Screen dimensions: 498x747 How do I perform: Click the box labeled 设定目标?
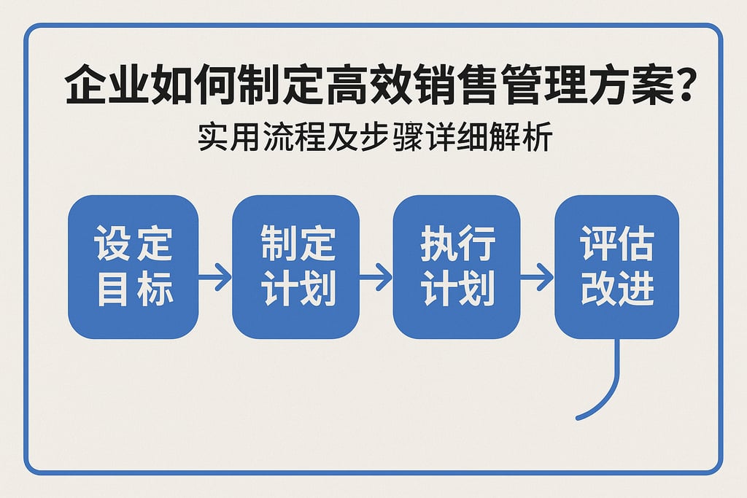pyautogui.click(x=133, y=267)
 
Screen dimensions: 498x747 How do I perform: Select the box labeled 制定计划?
pyautogui.click(x=295, y=267)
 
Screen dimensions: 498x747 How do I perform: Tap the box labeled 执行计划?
pyautogui.click(x=457, y=267)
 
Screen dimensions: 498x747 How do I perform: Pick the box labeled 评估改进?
pyautogui.click(x=617, y=267)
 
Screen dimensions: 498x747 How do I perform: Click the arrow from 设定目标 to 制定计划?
pyautogui.click(x=215, y=277)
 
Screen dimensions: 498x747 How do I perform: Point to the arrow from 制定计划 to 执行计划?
pyautogui.click(x=376, y=277)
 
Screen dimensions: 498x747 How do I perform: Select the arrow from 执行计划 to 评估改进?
pyautogui.click(x=537, y=277)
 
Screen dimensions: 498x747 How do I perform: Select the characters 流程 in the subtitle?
pyautogui.click(x=291, y=139)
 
